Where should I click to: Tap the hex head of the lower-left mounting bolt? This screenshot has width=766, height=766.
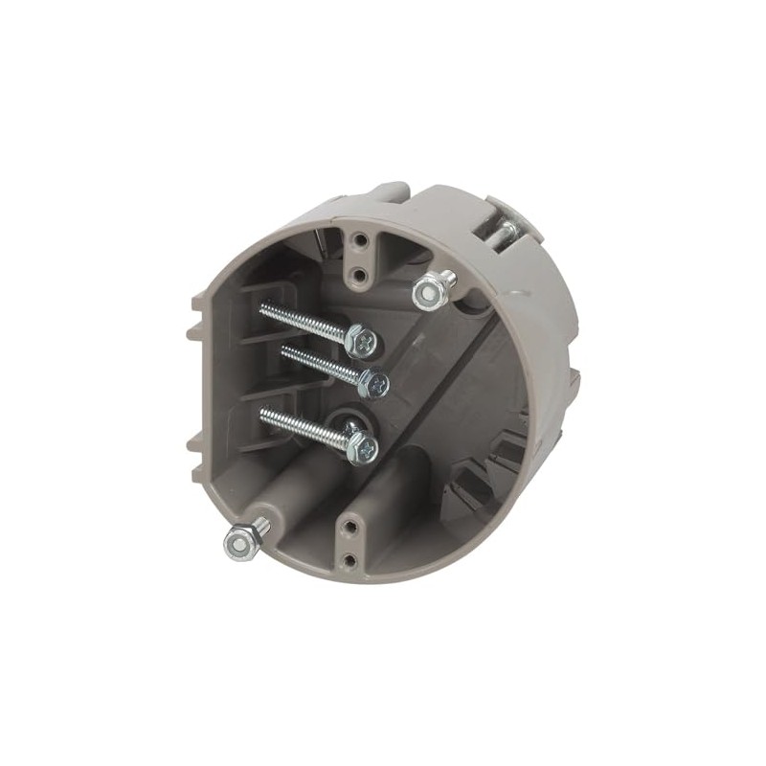(x=241, y=543)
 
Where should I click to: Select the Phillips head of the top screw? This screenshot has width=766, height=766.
(x=362, y=338)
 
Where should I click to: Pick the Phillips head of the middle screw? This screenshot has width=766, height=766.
(x=374, y=384)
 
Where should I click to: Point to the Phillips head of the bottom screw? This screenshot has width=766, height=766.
(x=362, y=444)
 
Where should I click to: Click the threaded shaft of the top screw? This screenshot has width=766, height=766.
(x=303, y=320)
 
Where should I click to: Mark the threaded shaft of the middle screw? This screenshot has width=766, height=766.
(x=319, y=364)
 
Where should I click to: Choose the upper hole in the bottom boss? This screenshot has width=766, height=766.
(x=352, y=526)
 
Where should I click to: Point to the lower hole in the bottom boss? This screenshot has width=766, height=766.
(x=350, y=559)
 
